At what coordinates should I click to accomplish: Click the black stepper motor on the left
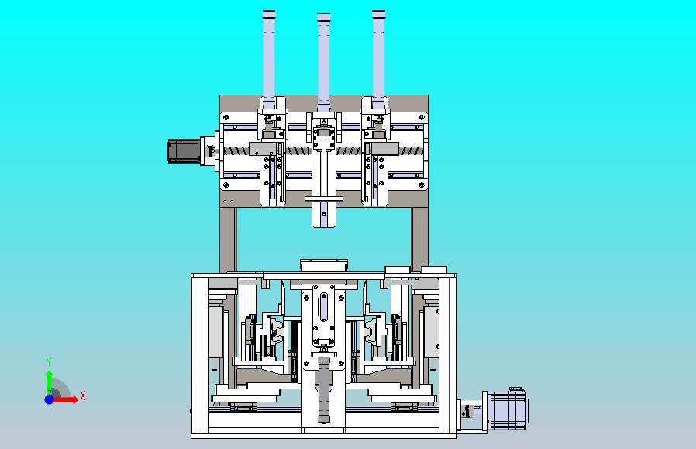[x=184, y=151]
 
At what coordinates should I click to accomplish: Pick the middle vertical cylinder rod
[x=324, y=62]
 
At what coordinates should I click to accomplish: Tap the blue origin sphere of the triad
[x=50, y=399]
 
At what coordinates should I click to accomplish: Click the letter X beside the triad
[x=83, y=395]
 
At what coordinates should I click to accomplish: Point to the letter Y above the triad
[x=50, y=361]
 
